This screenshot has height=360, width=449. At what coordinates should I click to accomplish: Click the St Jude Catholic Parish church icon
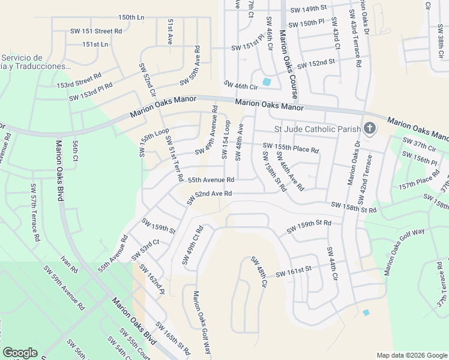click(x=370, y=128)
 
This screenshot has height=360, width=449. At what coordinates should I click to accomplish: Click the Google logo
click(x=20, y=353)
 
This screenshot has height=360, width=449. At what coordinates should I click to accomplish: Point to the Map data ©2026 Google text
click(x=412, y=355)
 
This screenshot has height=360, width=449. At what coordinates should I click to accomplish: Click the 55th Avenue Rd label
click(x=211, y=179)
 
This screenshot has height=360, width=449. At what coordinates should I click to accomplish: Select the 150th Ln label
click(x=131, y=17)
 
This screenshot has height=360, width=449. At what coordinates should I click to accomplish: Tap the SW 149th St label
click(x=308, y=9)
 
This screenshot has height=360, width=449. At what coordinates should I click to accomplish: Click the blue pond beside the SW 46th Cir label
click(x=267, y=82)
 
